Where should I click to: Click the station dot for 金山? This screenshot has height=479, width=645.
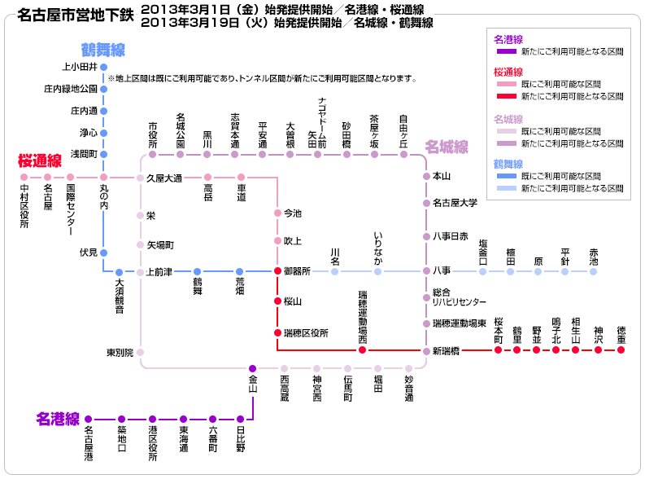(x=253, y=368)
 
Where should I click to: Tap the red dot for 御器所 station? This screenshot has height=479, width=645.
(x=277, y=270)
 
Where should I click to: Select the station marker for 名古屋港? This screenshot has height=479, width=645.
(x=88, y=420)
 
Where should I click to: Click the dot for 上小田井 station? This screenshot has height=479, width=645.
(x=103, y=67)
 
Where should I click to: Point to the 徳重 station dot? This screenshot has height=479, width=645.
(x=621, y=349)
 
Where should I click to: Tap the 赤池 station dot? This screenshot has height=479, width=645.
(x=593, y=271)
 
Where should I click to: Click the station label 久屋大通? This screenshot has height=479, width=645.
(x=164, y=178)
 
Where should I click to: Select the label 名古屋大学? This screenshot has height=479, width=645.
(x=455, y=203)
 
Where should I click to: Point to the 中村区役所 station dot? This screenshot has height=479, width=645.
(x=24, y=177)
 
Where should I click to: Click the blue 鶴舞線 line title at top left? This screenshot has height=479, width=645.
(x=102, y=50)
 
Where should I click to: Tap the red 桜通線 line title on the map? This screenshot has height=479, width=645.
(x=40, y=160)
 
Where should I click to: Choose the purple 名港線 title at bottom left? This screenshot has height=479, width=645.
(x=58, y=419)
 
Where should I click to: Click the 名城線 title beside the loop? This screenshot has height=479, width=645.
(x=447, y=147)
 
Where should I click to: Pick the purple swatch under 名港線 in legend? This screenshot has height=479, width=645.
(x=507, y=51)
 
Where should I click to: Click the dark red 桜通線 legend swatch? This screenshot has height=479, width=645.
(x=507, y=96)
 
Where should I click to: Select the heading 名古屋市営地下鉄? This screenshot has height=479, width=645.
(x=76, y=15)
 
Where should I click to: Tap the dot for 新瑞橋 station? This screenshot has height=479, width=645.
(x=426, y=351)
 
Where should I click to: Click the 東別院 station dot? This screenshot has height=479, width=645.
(x=140, y=352)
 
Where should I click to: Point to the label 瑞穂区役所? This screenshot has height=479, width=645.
(x=306, y=333)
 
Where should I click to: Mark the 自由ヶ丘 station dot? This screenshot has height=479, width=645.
(x=403, y=155)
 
